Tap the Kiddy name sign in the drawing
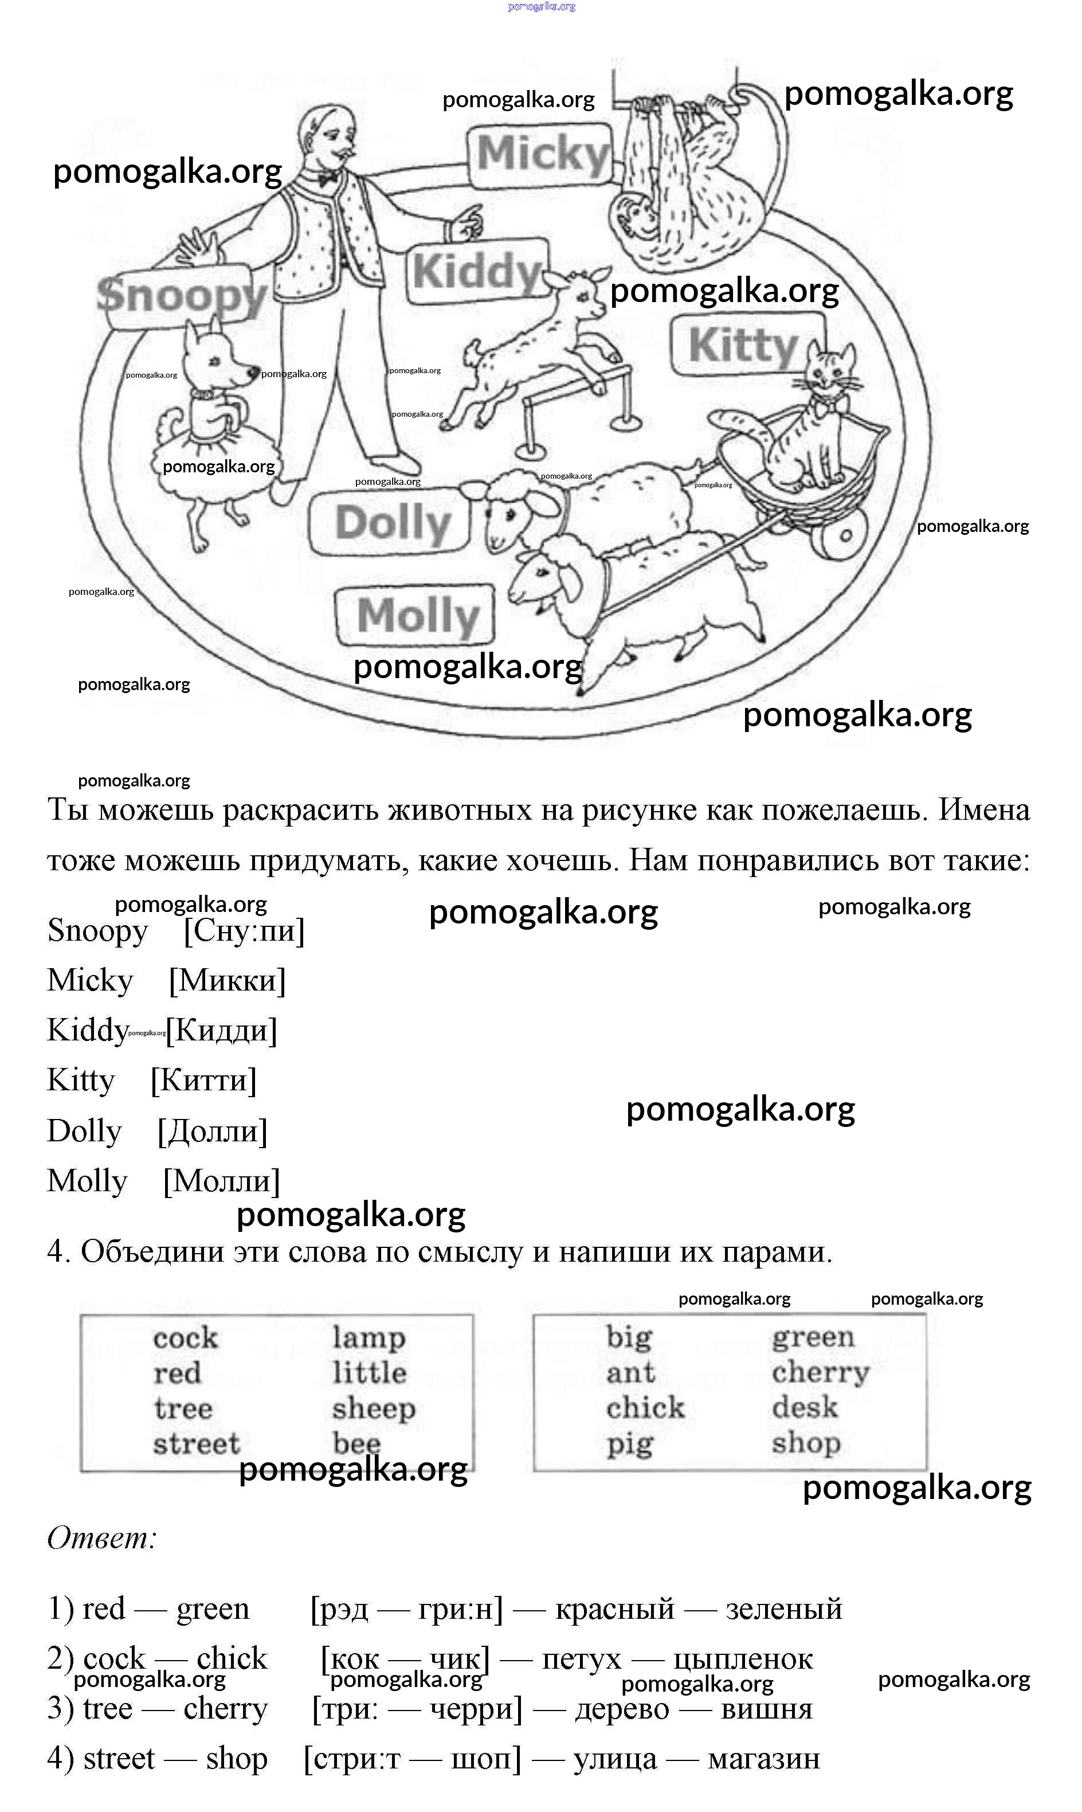click(x=477, y=272)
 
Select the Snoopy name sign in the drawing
click(x=182, y=296)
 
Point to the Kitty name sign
click(x=744, y=345)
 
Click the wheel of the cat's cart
click(x=844, y=534)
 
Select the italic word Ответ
click(x=102, y=1538)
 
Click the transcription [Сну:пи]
click(x=244, y=931)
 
